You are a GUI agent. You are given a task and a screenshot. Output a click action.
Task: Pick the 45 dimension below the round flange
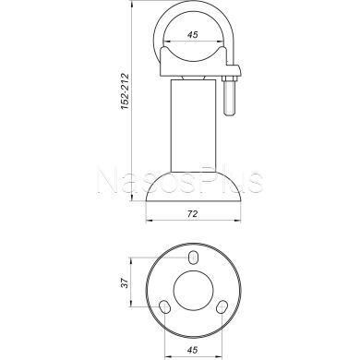(x=192, y=348)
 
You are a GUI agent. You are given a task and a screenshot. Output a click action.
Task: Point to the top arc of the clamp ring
(x=193, y=7)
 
